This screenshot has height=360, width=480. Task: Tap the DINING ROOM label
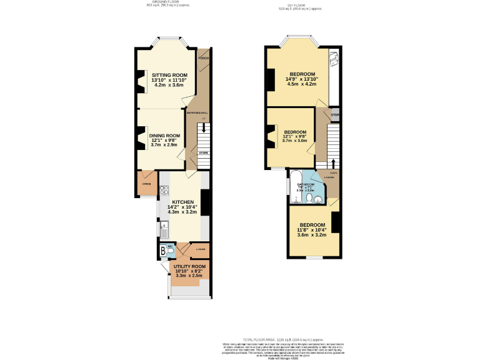(164, 135)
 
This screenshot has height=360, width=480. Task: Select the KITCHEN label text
(182, 202)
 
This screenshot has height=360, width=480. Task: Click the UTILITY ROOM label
(191, 266)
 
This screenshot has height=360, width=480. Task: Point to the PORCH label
(203, 58)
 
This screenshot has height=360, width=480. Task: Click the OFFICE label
(147, 184)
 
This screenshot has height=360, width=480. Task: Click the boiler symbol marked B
(164, 251)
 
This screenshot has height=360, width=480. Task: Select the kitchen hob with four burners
(164, 188)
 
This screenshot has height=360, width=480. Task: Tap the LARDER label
(201, 250)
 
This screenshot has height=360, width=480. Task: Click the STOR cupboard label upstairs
(334, 115)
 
